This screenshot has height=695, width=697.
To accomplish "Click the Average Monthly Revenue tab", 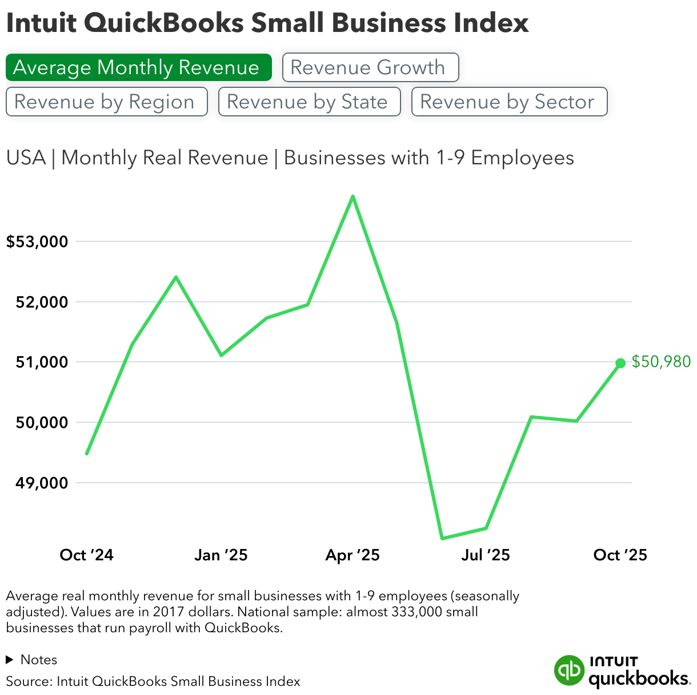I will [x=138, y=67].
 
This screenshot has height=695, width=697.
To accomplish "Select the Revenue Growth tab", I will [x=370, y=67].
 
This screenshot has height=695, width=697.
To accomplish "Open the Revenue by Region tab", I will [x=106, y=102].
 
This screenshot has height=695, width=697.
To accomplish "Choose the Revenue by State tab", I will [x=309, y=102].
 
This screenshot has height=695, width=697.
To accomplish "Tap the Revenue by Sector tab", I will [x=508, y=102].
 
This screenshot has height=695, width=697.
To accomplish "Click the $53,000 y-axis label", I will [x=37, y=242].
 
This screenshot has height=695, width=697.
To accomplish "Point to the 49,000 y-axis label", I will [x=42, y=483].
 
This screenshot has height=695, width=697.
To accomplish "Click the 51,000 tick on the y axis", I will [x=42, y=362].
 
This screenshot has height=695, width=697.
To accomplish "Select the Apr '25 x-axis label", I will [x=352, y=555].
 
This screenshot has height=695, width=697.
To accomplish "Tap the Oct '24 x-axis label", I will [x=87, y=555].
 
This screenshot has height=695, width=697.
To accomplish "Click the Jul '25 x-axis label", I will [x=486, y=555].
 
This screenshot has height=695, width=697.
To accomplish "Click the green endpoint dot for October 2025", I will [x=620, y=363].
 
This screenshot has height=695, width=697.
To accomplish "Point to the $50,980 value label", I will [x=661, y=362].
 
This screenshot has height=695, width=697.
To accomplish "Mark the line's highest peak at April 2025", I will [x=353, y=196].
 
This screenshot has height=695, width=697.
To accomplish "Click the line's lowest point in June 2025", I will [x=442, y=538].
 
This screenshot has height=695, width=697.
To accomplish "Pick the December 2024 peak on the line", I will [x=176, y=277].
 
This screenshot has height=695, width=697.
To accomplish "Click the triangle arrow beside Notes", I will [x=9, y=660].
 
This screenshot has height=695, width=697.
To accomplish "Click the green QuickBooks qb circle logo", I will [x=569, y=670].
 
